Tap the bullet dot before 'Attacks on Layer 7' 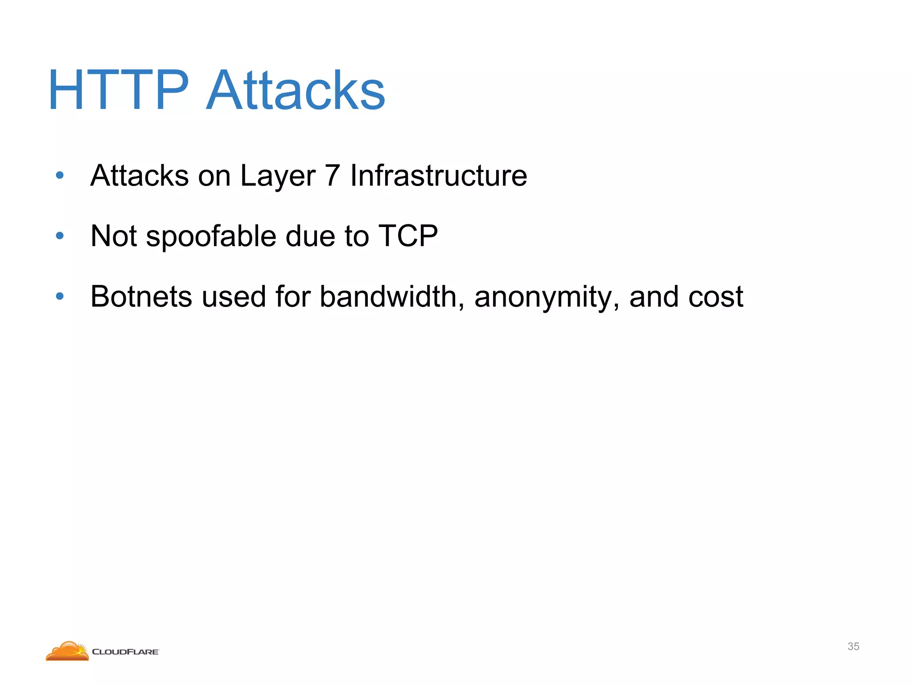(60, 175)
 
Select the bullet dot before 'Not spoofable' (60, 235)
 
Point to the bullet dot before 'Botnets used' (60, 296)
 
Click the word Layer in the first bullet (278, 176)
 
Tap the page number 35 (853, 646)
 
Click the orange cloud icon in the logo (67, 651)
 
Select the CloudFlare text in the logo (125, 652)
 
